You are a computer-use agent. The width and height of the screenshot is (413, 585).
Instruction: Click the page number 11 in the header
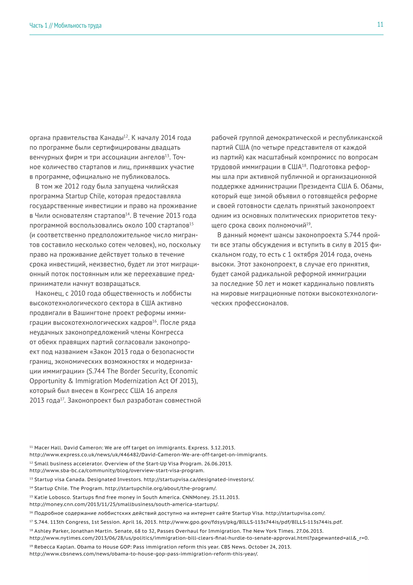point(380,25)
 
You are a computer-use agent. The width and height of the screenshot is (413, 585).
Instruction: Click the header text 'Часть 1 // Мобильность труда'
point(65,25)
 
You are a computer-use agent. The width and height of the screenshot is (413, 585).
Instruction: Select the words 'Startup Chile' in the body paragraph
point(85,196)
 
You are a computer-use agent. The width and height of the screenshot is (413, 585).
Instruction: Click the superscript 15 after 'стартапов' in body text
point(192,224)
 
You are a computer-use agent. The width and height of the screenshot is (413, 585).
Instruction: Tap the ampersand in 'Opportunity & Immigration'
point(70,381)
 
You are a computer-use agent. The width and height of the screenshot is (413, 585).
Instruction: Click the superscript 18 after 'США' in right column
point(304,166)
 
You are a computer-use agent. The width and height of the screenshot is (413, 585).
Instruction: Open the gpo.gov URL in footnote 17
point(250,522)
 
